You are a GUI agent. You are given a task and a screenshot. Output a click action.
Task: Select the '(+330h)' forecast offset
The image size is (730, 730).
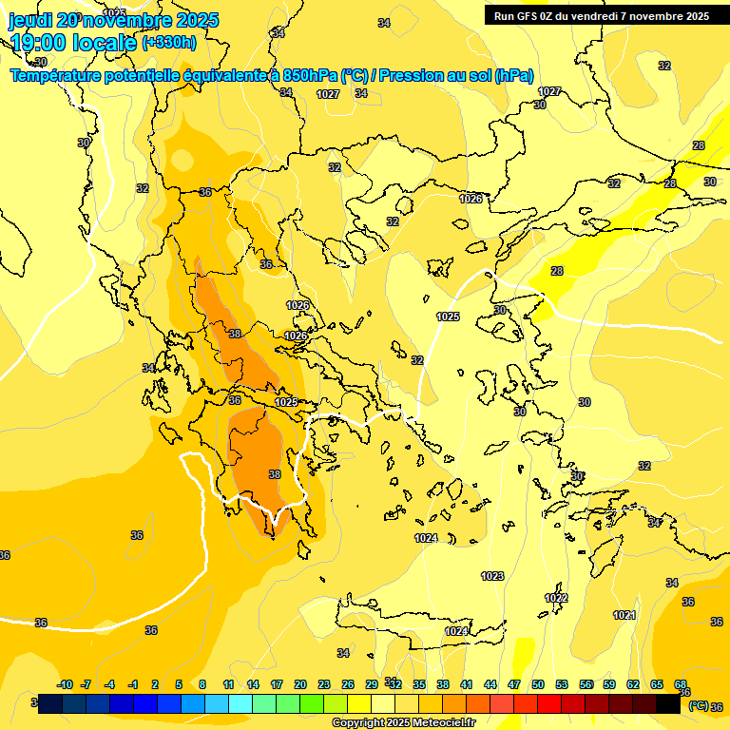point(169,42)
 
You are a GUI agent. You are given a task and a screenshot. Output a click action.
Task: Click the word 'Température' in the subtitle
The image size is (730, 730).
point(59,76)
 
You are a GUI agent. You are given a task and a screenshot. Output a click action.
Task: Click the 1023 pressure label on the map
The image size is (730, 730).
point(492,576)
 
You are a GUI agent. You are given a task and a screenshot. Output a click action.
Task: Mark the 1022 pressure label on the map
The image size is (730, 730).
point(556,598)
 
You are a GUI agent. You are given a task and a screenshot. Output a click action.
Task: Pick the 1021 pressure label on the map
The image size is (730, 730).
point(624,615)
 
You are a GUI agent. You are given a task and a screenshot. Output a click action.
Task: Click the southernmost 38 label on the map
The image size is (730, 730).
point(275,474)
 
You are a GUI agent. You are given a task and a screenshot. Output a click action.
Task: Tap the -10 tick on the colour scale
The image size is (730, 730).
point(65,684)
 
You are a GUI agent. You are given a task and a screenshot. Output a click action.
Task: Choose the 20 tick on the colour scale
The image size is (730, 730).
point(300,684)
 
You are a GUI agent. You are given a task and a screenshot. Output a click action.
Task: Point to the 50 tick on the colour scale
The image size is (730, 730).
point(538,684)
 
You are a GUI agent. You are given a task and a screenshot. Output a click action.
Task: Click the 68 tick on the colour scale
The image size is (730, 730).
point(681,684)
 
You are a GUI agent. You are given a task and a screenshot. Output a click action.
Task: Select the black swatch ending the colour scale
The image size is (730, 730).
point(668,703)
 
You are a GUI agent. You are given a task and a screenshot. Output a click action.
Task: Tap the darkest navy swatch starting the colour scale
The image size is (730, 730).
point(51,703)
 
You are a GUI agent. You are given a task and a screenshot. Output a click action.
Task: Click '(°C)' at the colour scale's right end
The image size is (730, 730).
point(698,705)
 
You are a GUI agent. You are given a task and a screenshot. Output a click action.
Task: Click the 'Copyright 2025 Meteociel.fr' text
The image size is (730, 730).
point(403,722)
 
